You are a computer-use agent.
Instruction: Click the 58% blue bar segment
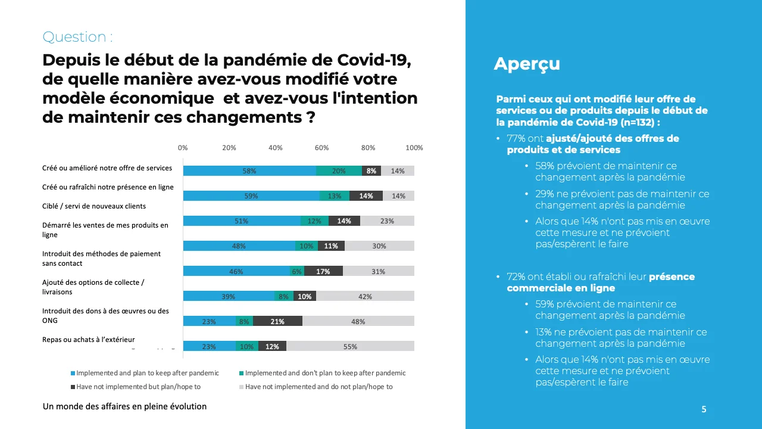[x=249, y=171]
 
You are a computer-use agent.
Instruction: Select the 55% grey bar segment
[x=350, y=346]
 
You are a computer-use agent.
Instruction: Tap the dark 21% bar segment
[x=277, y=321]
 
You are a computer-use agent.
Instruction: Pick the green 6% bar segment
[x=296, y=271]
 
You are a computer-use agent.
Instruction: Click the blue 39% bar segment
[x=229, y=296]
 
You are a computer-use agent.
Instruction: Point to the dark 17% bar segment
[x=323, y=271]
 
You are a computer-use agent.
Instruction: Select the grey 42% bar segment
[x=365, y=296]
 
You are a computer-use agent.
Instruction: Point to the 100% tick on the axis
[x=414, y=148]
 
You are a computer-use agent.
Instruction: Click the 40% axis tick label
[x=275, y=148]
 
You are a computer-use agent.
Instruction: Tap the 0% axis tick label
[x=183, y=148]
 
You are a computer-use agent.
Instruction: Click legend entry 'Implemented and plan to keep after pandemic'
[x=147, y=373]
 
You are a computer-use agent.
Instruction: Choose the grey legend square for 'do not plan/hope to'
[x=241, y=387]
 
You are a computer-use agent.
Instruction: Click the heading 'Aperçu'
[x=527, y=64]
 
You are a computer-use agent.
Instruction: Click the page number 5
[x=704, y=409]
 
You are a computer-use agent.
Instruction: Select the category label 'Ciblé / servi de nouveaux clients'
[x=94, y=206]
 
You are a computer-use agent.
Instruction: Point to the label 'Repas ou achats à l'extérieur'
[x=89, y=340]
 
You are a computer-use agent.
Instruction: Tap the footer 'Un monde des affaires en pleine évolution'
[x=124, y=406]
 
